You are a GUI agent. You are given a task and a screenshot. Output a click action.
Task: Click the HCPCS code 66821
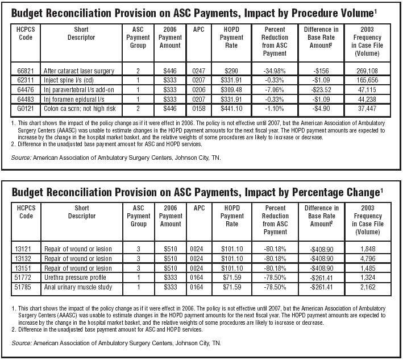pyautogui.click(x=26, y=71)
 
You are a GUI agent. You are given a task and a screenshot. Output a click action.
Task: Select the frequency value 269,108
pyautogui.click(x=367, y=71)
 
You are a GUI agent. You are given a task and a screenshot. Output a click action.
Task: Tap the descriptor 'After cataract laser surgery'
pyautogui.click(x=79, y=71)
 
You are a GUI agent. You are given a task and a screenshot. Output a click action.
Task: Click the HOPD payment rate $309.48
pyautogui.click(x=231, y=90)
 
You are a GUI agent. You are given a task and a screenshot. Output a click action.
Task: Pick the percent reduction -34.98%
pyautogui.click(x=275, y=71)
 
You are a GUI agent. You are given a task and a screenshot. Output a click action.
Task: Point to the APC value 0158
pyautogui.click(x=199, y=109)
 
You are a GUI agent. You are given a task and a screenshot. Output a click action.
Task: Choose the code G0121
pyautogui.click(x=26, y=109)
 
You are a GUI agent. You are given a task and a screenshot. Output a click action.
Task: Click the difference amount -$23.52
pyautogui.click(x=321, y=90)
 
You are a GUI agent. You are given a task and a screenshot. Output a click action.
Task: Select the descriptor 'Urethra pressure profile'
pyautogui.click(x=75, y=278)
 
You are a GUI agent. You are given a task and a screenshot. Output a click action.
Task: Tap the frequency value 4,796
pyautogui.click(x=368, y=258)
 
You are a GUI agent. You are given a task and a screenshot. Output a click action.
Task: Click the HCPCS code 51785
pyautogui.click(x=23, y=287)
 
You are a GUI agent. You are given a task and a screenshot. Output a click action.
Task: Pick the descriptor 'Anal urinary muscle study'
pyautogui.click(x=78, y=287)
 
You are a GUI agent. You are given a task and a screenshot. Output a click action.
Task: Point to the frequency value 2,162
pyautogui.click(x=368, y=287)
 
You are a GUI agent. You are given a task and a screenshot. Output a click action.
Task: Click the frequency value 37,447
pyautogui.click(x=367, y=109)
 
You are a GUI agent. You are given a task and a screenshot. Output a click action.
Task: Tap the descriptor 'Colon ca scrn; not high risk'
pyautogui.click(x=80, y=109)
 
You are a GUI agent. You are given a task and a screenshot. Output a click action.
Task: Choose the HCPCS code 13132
pyautogui.click(x=23, y=258)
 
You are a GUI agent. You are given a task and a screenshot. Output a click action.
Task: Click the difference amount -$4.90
pyautogui.click(x=321, y=109)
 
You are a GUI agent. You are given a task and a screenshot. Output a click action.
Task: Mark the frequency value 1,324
pyautogui.click(x=368, y=278)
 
